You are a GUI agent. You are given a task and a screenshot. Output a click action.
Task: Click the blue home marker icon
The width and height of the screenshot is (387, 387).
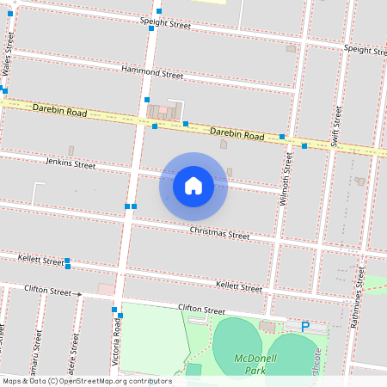(193, 186)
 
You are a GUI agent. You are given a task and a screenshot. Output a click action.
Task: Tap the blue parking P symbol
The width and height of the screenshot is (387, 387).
(305, 327)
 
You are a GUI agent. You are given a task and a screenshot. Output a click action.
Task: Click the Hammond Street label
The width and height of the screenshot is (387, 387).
(152, 74)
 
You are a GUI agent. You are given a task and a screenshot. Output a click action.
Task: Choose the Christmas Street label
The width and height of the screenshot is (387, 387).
(219, 233)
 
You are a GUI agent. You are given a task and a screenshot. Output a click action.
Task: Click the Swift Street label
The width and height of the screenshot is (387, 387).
(336, 127)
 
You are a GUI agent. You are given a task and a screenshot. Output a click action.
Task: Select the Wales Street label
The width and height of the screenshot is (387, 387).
(9, 52)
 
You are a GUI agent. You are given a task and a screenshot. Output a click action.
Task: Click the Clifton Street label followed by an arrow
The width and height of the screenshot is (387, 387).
(48, 292)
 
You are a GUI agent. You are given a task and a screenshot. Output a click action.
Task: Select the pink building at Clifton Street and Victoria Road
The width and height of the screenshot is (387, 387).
(106, 290)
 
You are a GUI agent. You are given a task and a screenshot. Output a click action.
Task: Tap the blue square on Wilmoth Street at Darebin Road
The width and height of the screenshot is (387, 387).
(282, 137)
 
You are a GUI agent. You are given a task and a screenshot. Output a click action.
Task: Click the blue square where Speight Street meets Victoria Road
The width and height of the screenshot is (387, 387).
(151, 28)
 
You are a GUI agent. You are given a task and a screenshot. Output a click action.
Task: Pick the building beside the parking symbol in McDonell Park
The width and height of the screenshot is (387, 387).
(268, 327)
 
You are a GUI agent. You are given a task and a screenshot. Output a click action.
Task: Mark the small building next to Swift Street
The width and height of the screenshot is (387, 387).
(359, 181)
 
